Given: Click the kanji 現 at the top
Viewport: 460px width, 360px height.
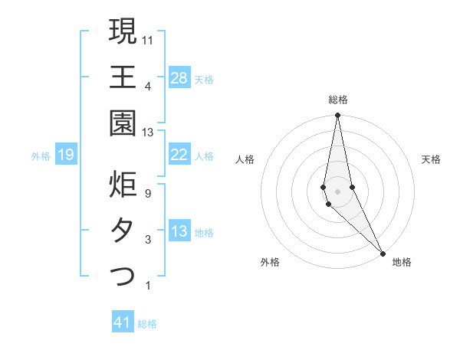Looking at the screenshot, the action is coord(123,31).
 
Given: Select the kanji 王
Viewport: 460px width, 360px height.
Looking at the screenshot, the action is coord(123,77).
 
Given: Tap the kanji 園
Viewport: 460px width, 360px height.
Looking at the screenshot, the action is coord(123,123).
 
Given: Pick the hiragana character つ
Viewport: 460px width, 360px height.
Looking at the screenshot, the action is coord(123,276).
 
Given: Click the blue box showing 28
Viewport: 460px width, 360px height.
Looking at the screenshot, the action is coord(179,77).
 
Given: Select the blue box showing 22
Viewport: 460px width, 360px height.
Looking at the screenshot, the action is coord(179,155).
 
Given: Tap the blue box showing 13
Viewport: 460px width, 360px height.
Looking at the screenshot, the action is coord(179,232).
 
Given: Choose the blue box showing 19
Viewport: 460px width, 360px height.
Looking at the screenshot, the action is coord(66,155).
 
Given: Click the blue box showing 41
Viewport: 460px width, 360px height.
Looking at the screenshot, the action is coord(123,322).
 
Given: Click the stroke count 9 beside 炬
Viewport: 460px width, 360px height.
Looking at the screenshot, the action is coord(147,193).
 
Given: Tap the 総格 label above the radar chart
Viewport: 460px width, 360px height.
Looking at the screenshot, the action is coord(338,100).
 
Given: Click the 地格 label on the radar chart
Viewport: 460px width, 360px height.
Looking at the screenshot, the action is coord(402,262).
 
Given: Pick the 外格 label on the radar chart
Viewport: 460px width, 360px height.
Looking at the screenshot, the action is coord(270,262).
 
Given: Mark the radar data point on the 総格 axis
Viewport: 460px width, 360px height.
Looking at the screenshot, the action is coord(337,116).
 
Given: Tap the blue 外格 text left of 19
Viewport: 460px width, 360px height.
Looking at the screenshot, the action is coord(41,156).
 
